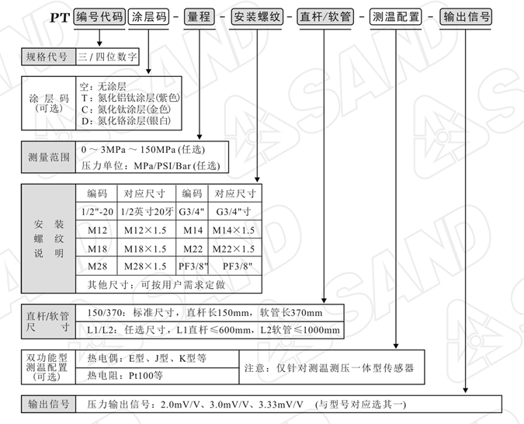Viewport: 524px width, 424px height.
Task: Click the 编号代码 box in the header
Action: coord(99,17)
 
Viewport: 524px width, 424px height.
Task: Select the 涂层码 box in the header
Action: coord(148,17)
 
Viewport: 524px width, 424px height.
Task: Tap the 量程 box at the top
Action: coord(200,17)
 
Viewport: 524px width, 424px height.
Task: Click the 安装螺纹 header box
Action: coord(257,17)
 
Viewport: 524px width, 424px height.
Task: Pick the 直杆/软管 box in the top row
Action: coord(325,17)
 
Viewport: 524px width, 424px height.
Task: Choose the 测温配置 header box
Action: coord(396,17)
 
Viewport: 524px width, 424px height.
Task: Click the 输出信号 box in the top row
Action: coord(467,17)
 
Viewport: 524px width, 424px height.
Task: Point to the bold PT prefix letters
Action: coord(60,18)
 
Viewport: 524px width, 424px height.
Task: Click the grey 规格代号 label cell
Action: coord(48,57)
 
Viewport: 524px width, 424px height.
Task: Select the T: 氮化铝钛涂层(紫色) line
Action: coord(130,98)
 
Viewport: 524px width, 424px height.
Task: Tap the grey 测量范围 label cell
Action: coord(48,157)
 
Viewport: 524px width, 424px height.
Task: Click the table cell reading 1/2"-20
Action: coord(97,212)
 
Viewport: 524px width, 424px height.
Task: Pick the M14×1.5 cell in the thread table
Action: coord(234,230)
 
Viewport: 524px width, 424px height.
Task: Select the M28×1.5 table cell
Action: coord(145,266)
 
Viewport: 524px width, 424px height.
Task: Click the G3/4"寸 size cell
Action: coord(234,212)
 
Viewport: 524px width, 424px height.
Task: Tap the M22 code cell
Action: coord(193,248)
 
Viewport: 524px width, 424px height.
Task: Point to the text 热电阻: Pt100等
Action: coord(125,376)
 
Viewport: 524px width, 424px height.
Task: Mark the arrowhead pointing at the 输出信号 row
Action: coord(466,391)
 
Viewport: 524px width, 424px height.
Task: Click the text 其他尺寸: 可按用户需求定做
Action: coord(156,284)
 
